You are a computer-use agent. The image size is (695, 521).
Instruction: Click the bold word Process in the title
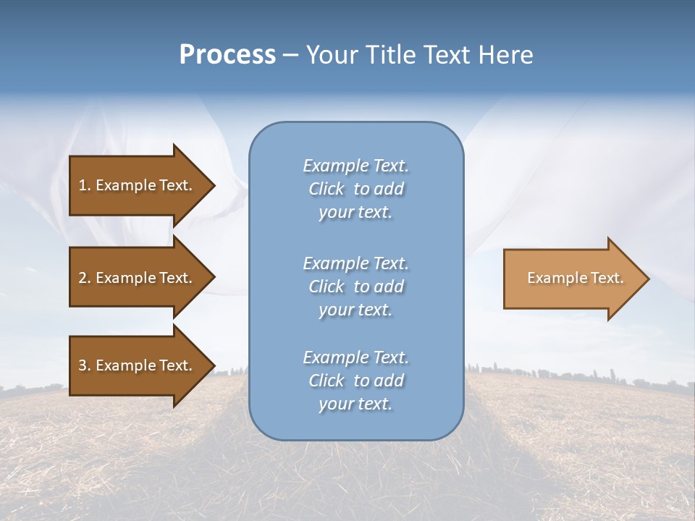click(x=227, y=55)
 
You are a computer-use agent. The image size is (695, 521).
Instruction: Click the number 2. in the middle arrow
click(x=85, y=278)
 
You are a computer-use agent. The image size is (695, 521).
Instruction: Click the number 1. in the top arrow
click(x=85, y=185)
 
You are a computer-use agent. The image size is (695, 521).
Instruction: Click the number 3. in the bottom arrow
click(x=85, y=365)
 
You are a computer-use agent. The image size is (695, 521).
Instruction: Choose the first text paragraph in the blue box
click(x=355, y=189)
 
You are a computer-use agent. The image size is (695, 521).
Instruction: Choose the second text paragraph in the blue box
click(x=355, y=287)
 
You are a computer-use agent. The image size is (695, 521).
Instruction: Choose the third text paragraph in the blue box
click(x=355, y=381)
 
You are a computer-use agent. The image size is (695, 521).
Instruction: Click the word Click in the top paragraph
click(x=326, y=189)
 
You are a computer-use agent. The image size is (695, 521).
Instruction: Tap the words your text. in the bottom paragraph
click(x=355, y=404)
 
